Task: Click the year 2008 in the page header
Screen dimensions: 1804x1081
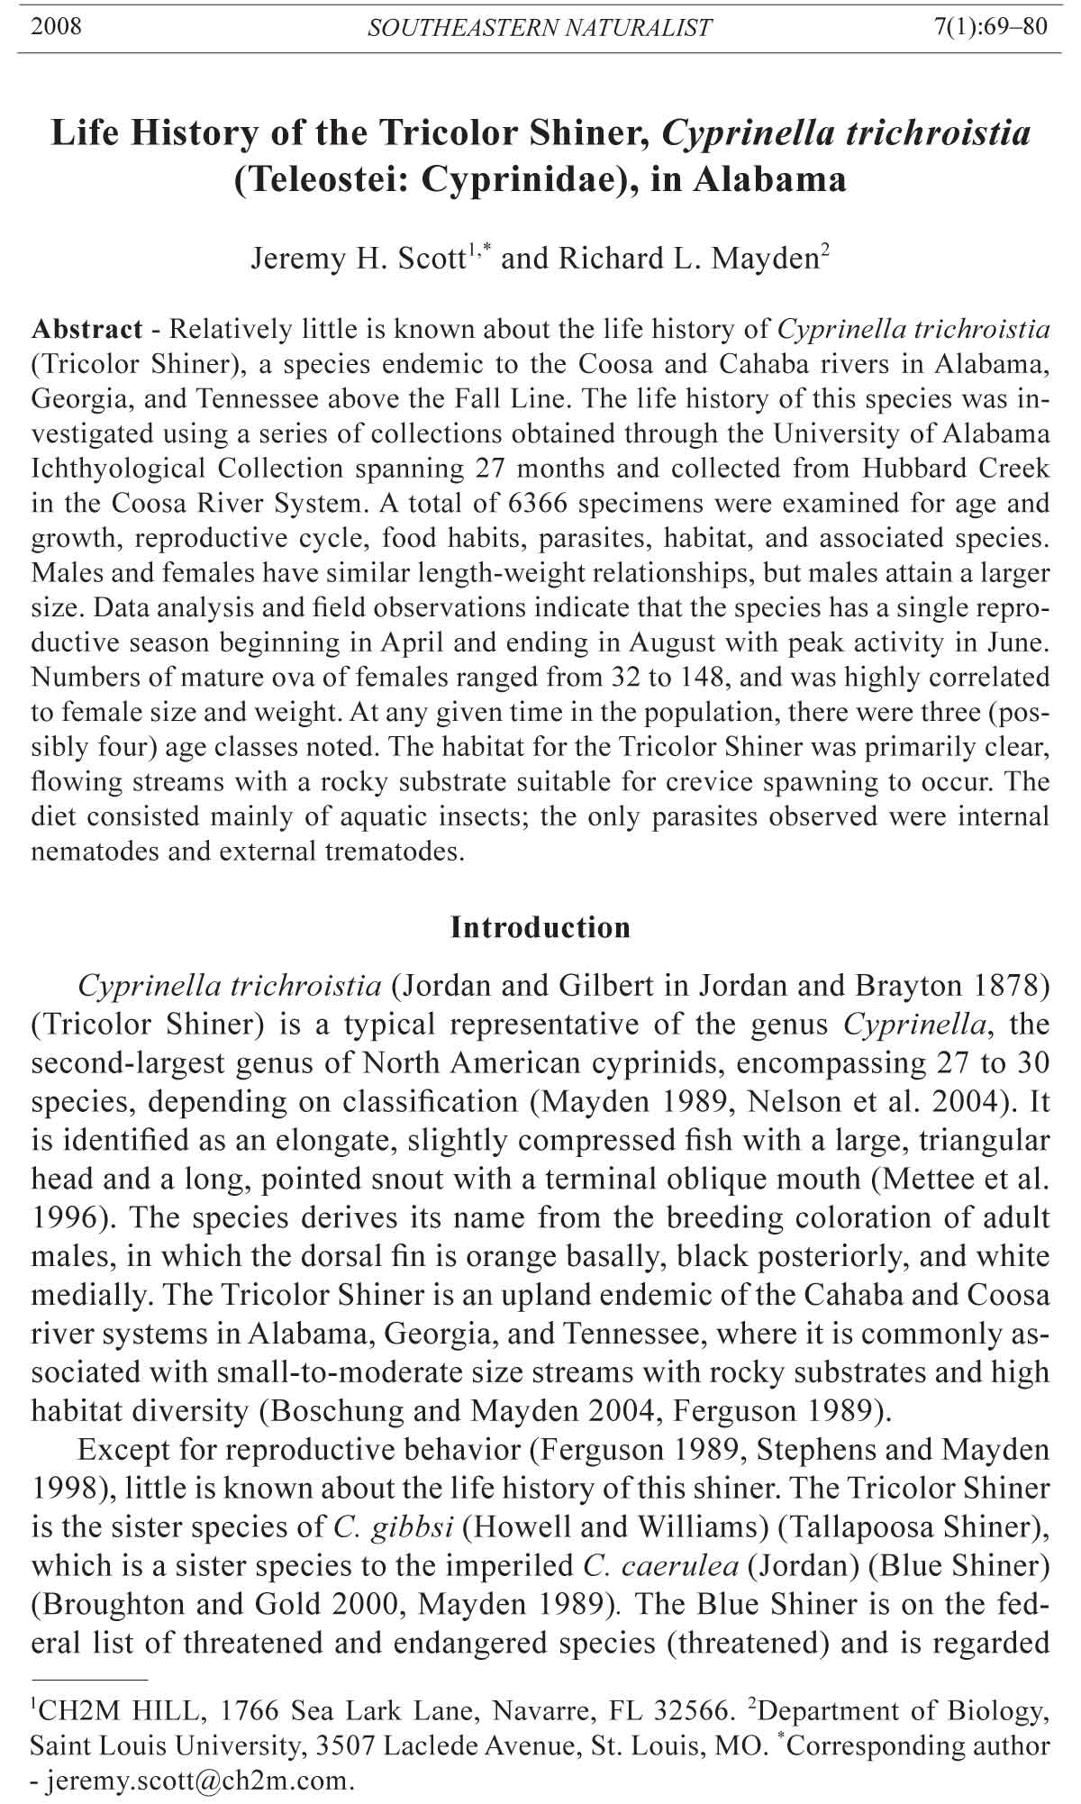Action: click(56, 27)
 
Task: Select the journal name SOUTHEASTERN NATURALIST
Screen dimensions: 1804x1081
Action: click(540, 28)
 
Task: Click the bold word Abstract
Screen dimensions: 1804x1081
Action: click(86, 329)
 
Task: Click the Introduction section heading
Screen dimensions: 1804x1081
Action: click(540, 927)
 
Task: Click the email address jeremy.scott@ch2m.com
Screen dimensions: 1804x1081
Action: click(195, 1781)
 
